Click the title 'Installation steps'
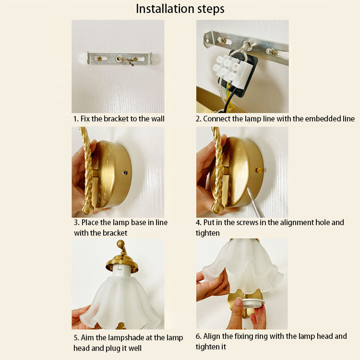[180, 9]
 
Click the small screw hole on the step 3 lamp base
[125, 173]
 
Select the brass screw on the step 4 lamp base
[259, 170]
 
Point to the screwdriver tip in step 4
[248, 189]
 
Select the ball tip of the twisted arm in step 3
[87, 209]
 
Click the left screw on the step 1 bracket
[99, 59]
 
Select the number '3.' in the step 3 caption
[76, 222]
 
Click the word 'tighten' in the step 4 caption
[207, 233]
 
